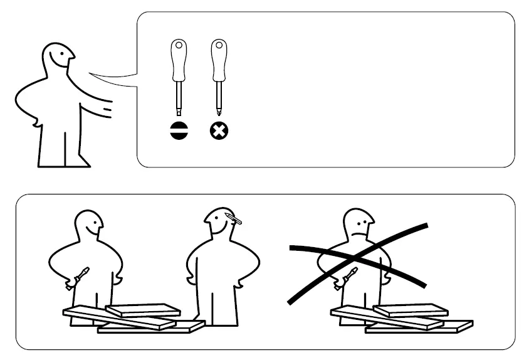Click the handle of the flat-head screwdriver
coord(179,59)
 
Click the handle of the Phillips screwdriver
coord(218,59)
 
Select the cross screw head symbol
coord(219,130)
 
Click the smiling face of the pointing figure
coord(60,59)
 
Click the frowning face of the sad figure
coord(360,226)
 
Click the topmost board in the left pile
coord(142,309)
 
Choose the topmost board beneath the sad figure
coord(411,309)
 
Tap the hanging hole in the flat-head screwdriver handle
coord(179,46)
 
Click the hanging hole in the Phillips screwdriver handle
coord(218,46)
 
